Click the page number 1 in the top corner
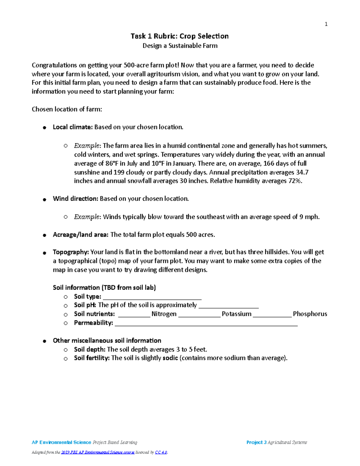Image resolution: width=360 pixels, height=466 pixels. coord(326,24)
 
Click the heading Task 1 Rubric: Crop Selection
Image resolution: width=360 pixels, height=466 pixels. coord(179,36)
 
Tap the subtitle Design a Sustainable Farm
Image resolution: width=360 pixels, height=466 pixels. coord(180,46)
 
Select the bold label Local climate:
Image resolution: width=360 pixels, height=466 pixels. coord(73,127)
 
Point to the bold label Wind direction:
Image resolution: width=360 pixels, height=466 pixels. coord(75,199)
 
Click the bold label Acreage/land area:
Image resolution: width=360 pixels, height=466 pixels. coord(80,235)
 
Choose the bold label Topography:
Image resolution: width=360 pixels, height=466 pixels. coord(70,252)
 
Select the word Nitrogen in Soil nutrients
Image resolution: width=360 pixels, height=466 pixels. coord(164,314)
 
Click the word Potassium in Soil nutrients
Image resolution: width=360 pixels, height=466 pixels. coord(236,314)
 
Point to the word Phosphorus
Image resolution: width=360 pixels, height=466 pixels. coord(310,314)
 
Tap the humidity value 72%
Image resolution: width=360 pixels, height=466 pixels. coord(295,181)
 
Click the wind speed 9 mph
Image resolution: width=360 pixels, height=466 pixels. coord(309,217)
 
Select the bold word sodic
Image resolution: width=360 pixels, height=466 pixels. coord(170,358)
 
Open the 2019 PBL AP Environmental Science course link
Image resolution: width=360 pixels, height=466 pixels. coord(97,452)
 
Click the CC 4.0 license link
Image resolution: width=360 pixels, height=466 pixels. coord(161,452)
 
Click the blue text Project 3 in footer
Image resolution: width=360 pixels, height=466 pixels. coord(256,442)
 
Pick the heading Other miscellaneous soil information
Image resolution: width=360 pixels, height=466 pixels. coord(107,341)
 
